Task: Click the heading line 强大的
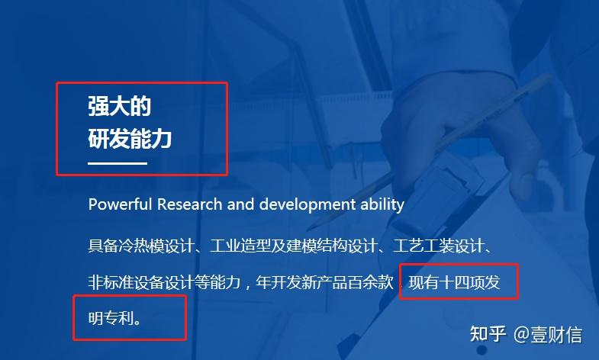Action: [x=120, y=106]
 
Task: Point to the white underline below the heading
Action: [x=118, y=163]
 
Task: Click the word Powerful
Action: [x=120, y=204]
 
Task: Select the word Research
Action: [x=191, y=204]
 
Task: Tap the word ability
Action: [x=382, y=204]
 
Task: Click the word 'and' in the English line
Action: [x=240, y=204]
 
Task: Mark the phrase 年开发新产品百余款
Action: [x=324, y=282]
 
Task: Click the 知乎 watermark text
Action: [x=488, y=334]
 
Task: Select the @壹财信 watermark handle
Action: [x=548, y=334]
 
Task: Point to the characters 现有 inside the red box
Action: [x=424, y=282]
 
